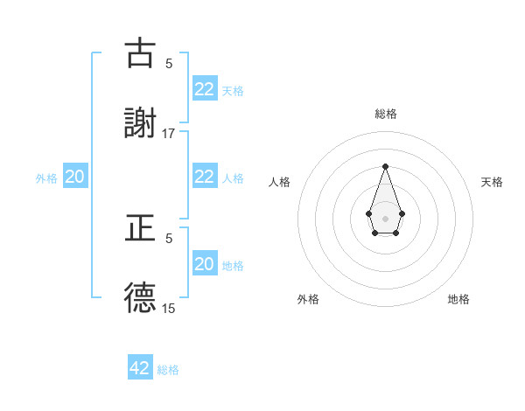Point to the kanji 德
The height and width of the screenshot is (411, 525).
[140, 297]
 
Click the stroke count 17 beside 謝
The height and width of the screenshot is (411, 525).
[169, 133]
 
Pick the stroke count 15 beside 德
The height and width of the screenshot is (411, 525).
[169, 308]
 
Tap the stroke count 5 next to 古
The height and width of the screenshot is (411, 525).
[169, 63]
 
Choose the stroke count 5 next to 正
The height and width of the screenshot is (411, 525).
[169, 238]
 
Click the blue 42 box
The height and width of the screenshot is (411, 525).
[140, 368]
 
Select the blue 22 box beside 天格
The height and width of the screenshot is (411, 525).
[204, 88]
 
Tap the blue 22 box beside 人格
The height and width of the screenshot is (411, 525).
[204, 176]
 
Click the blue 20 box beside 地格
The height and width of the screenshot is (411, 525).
[204, 263]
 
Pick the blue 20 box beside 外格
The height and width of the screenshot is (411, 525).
[75, 177]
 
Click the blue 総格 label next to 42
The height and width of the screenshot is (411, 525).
[168, 370]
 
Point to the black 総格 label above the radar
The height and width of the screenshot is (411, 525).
[385, 114]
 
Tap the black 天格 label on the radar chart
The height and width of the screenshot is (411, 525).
[493, 182]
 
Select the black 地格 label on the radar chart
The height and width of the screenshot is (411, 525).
[458, 299]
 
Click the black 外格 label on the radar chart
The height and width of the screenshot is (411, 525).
[308, 299]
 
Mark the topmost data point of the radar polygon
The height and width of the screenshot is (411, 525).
[385, 166]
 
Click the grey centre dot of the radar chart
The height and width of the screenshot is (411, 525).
[385, 217]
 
